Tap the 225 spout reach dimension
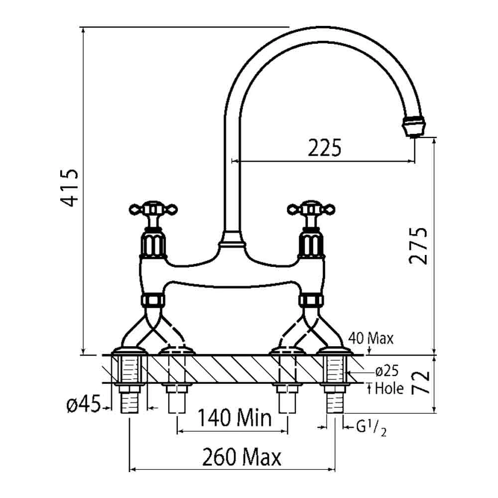(x=324, y=148)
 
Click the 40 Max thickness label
(x=371, y=339)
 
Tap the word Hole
(x=389, y=388)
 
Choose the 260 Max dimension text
(x=242, y=457)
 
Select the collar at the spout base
(x=233, y=244)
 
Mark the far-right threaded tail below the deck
(x=335, y=398)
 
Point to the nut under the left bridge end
(x=153, y=300)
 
